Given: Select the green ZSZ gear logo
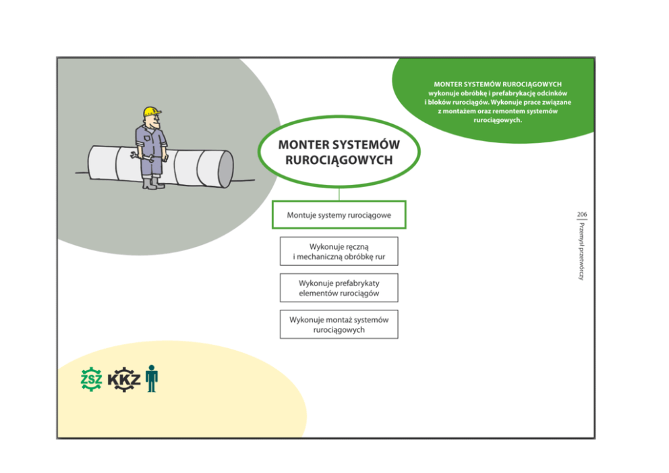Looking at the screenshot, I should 91,379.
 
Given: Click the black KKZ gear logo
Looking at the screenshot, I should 125,379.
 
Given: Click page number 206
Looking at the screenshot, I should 581,214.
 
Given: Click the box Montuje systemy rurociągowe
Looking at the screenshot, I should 339,215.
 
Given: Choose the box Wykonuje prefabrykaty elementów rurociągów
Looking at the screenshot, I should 339,288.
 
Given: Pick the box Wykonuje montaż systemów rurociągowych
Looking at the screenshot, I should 339,325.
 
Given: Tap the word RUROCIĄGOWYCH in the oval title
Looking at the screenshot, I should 339,161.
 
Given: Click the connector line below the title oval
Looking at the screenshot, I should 339,194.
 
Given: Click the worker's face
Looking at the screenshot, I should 154,122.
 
